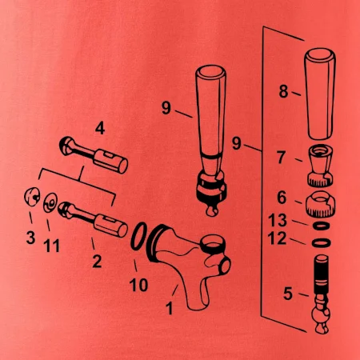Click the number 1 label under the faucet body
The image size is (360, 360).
(169, 308)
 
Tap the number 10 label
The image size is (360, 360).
(138, 285)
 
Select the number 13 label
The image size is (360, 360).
(278, 220)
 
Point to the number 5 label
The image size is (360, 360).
(288, 294)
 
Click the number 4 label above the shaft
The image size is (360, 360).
(100, 129)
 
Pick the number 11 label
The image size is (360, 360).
(51, 246)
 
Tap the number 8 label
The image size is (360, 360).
(283, 91)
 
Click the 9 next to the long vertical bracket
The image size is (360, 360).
(236, 143)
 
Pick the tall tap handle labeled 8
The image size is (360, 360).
(320, 94)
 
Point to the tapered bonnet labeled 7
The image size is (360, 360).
(320, 166)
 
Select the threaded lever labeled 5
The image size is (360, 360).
(322, 294)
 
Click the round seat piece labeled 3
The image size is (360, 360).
(32, 197)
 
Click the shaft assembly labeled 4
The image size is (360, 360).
(94, 155)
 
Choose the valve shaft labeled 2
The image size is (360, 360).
(93, 219)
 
